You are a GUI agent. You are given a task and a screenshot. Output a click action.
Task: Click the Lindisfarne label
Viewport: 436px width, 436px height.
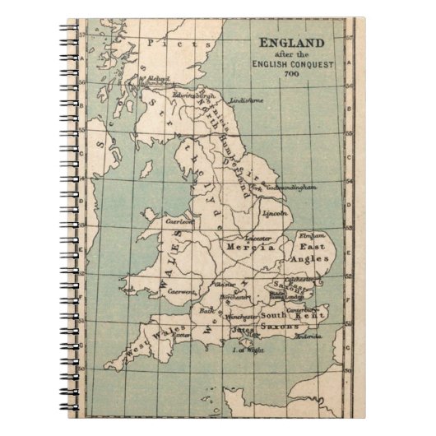[x=247, y=101]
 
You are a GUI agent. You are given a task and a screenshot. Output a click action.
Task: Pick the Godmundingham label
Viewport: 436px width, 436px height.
[x=290, y=188]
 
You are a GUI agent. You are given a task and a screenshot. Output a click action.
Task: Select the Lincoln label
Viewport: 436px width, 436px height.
[x=275, y=213]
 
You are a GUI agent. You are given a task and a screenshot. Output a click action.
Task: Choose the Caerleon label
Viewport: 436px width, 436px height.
[x=179, y=221]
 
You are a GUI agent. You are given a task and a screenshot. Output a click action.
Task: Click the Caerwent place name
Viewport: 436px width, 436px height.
[x=182, y=291]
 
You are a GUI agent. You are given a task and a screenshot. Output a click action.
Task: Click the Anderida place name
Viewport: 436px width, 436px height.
[x=308, y=335]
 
